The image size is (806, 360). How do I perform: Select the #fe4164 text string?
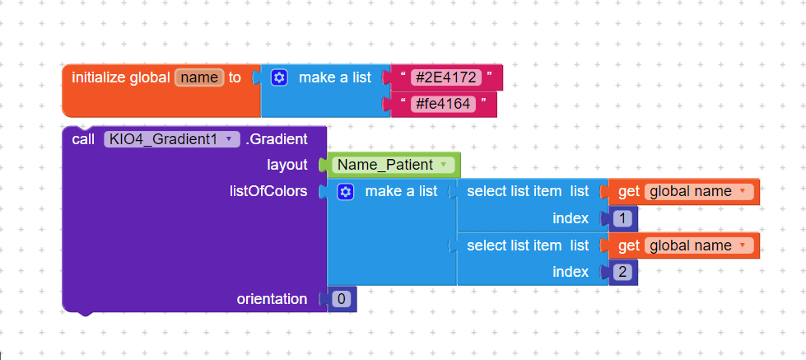443,105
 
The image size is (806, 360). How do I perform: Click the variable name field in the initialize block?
199,77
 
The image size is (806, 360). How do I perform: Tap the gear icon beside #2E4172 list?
279,77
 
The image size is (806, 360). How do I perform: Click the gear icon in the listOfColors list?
346,192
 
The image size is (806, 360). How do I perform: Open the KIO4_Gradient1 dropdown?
172,139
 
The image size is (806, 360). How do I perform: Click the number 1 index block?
622,219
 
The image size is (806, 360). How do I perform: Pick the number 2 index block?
622,272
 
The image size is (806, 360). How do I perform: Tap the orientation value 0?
342,299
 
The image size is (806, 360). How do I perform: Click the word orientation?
272,299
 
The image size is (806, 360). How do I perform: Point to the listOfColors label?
268,191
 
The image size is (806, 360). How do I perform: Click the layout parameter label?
287,165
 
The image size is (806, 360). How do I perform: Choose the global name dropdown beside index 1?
699,192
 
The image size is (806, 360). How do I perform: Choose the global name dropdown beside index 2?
699,245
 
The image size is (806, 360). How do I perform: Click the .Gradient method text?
277,139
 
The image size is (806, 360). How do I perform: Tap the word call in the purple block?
83,139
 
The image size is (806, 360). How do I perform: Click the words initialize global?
121,77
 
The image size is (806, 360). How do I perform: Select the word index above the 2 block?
571,272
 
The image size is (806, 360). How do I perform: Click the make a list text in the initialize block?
334,77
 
